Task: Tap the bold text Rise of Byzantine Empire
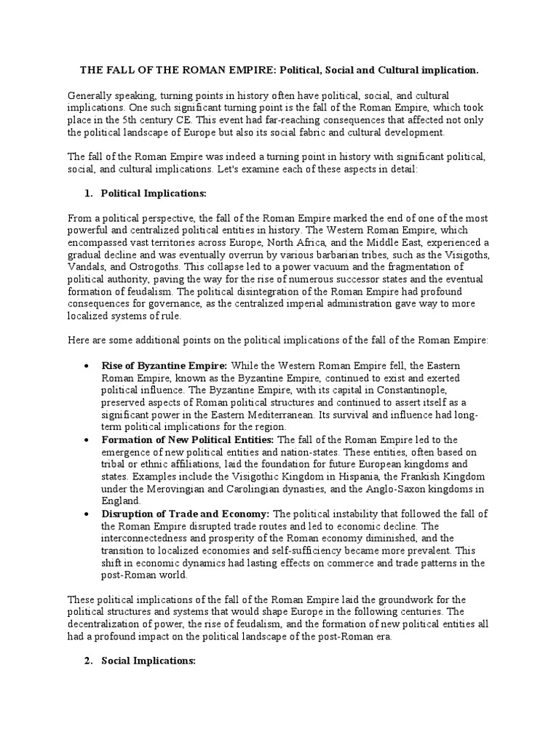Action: point(164,364)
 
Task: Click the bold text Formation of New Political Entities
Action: point(188,439)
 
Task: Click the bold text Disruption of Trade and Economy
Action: point(186,514)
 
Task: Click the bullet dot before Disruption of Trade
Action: point(87,514)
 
